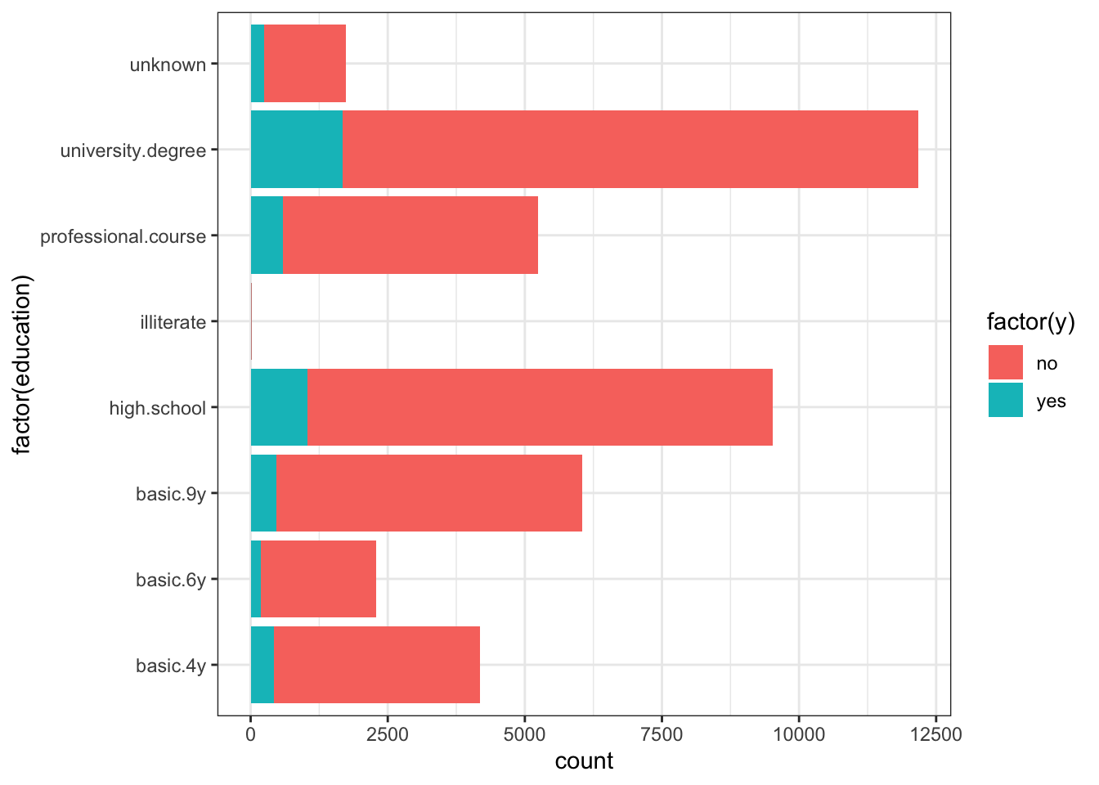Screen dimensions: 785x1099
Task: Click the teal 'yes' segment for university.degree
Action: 296,150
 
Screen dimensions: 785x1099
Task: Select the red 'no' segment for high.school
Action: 540,407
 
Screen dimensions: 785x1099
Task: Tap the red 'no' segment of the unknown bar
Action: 305,64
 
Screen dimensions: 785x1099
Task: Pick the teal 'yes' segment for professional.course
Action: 266,235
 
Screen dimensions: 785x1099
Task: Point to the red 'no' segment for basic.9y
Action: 429,493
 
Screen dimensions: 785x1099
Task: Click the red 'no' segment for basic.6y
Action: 318,579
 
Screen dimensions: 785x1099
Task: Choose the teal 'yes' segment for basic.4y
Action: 262,665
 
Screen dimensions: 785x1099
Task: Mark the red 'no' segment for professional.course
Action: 410,235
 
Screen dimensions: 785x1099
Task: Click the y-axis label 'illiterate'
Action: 173,322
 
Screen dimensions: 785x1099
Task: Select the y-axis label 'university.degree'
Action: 133,150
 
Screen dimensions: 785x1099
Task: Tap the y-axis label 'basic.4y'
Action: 171,666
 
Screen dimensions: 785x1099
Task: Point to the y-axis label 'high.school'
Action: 158,408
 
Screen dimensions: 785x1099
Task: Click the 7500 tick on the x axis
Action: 662,734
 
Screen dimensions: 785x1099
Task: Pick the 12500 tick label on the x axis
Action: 935,734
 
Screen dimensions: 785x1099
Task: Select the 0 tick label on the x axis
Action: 250,734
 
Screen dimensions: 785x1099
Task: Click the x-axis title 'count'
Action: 584,761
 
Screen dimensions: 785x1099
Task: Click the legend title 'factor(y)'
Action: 1030,322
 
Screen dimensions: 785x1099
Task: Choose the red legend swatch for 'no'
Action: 1005,362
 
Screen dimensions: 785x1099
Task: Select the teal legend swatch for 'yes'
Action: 1005,401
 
